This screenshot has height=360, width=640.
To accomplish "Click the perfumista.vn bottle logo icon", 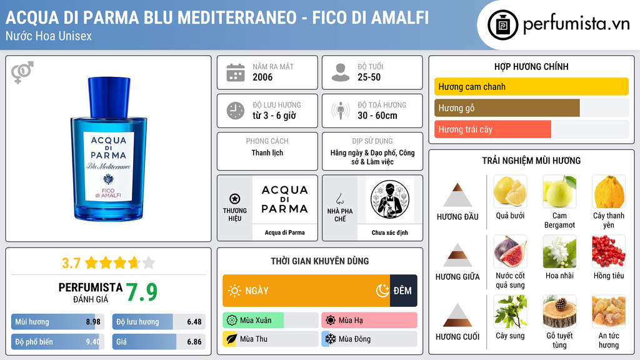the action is pyautogui.click(x=502, y=25).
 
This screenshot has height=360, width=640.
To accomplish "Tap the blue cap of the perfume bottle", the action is pyautogui.click(x=109, y=97).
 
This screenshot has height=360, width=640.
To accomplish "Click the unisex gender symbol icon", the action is pyautogui.click(x=22, y=72).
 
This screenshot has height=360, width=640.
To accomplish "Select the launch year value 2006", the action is pyautogui.click(x=262, y=77).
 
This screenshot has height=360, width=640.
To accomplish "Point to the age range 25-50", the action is pyautogui.click(x=369, y=77).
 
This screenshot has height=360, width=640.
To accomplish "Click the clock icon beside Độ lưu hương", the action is pyautogui.click(x=236, y=111).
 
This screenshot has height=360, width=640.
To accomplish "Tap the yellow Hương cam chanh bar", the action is pyautogui.click(x=531, y=86).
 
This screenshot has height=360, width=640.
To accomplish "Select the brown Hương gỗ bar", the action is pyautogui.click(x=507, y=107).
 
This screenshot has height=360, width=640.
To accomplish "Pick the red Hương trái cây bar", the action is pyautogui.click(x=492, y=129).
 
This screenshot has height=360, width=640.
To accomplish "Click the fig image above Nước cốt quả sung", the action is pyautogui.click(x=510, y=251).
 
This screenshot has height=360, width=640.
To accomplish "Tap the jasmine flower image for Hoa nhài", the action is pyautogui.click(x=559, y=251).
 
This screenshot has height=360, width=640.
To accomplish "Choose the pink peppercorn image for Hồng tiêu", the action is pyautogui.click(x=609, y=251).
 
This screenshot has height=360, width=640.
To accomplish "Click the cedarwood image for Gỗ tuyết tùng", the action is pyautogui.click(x=559, y=311).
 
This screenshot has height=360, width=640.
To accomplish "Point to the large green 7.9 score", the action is pyautogui.click(x=141, y=292).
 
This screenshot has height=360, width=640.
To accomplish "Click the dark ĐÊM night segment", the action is pyautogui.click(x=404, y=291).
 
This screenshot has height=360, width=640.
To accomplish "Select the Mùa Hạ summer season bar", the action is pyautogui.click(x=369, y=320).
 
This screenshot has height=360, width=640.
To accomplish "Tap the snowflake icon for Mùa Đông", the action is pyautogui.click(x=330, y=339).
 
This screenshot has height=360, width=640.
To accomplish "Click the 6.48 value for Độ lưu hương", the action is pyautogui.click(x=194, y=322).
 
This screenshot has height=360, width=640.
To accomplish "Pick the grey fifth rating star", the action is pyautogui.click(x=149, y=262).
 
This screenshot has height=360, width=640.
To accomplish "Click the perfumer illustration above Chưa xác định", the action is pyautogui.click(x=390, y=199).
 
